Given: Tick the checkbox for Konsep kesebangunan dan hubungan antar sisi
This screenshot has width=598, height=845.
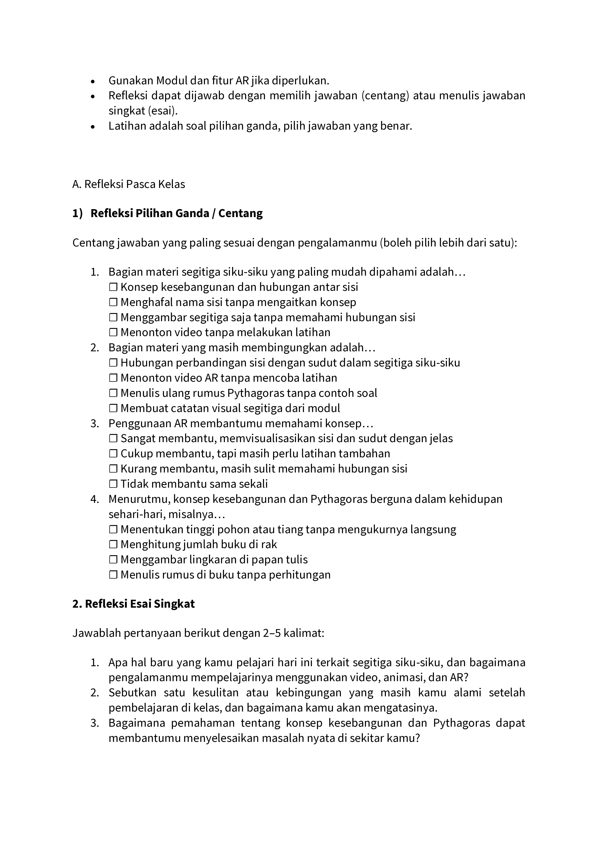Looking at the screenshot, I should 113,287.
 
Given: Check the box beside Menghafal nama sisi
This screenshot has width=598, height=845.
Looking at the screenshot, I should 113,302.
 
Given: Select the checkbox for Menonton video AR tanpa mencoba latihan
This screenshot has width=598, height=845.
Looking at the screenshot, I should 113,378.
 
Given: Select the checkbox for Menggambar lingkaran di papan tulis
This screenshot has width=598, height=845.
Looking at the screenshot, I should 113,559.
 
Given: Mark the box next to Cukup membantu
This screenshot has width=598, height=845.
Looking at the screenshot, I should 113,453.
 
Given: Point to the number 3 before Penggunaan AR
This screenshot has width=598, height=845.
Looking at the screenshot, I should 95,423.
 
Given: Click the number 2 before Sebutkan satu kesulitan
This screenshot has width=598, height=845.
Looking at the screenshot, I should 95,693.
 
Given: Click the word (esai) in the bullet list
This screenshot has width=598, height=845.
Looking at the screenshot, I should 162,111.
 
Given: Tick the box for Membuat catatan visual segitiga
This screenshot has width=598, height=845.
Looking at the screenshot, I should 113,408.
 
